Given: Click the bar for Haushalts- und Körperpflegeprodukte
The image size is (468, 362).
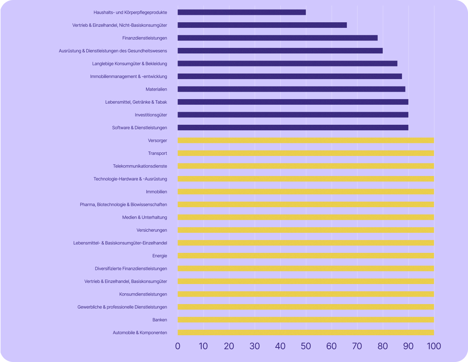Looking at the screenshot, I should (241, 12).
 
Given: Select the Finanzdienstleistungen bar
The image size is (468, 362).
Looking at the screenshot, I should (277, 38).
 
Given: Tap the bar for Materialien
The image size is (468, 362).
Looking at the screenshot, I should (291, 89).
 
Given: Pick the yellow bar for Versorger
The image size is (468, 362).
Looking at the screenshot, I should (306, 140).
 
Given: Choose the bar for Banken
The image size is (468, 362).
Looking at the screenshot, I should (306, 320).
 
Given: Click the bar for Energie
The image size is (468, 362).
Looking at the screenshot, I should (306, 256).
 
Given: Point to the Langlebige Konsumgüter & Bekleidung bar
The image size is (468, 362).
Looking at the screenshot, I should (287, 63).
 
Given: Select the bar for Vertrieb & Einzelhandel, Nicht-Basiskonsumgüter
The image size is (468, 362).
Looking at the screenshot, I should (262, 25).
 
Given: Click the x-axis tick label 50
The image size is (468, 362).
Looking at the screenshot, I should (306, 346).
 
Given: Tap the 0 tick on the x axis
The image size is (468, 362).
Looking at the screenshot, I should (178, 346).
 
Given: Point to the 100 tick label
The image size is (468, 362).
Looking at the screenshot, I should (433, 346).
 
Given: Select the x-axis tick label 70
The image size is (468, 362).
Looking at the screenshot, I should (357, 346).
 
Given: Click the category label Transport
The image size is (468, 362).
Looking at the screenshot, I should (157, 153).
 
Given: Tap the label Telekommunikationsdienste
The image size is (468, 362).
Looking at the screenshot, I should (140, 166).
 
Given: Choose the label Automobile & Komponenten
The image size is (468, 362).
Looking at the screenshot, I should (140, 333).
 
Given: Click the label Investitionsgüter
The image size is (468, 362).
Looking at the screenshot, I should (151, 115).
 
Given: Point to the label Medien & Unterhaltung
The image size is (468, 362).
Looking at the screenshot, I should (144, 217).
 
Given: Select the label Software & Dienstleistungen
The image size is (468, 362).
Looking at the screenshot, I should (139, 128).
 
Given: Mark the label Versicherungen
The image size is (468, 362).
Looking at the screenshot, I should (152, 230).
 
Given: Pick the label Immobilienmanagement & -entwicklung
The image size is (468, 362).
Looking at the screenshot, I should (129, 76).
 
